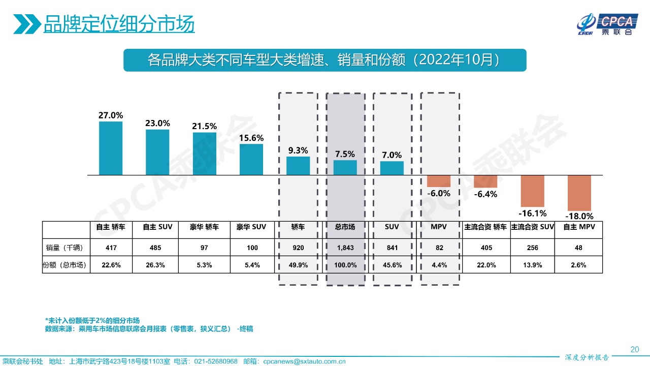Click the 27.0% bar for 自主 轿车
pyautogui.click(x=111, y=148)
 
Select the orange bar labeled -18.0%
pyautogui.click(x=579, y=193)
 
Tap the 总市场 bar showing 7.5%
pyautogui.click(x=345, y=167)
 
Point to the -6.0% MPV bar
pyautogui.click(x=439, y=181)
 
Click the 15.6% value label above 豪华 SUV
pyautogui.click(x=251, y=138)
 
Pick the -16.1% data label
pyautogui.click(x=533, y=213)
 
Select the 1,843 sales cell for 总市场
pyautogui.click(x=345, y=248)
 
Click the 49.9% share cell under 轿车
pyautogui.click(x=298, y=265)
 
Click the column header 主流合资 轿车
pyautogui.click(x=485, y=227)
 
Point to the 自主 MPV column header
pyautogui.click(x=579, y=227)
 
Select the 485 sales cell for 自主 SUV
pyautogui.click(x=157, y=248)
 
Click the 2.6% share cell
pyautogui.click(x=579, y=265)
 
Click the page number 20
pyautogui.click(x=634, y=349)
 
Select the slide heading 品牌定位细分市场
pyautogui.click(x=119, y=24)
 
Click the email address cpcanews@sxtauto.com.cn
pyautogui.click(x=304, y=361)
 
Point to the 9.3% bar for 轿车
pyautogui.click(x=298, y=166)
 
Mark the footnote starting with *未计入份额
pyautogui.click(x=92, y=321)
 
